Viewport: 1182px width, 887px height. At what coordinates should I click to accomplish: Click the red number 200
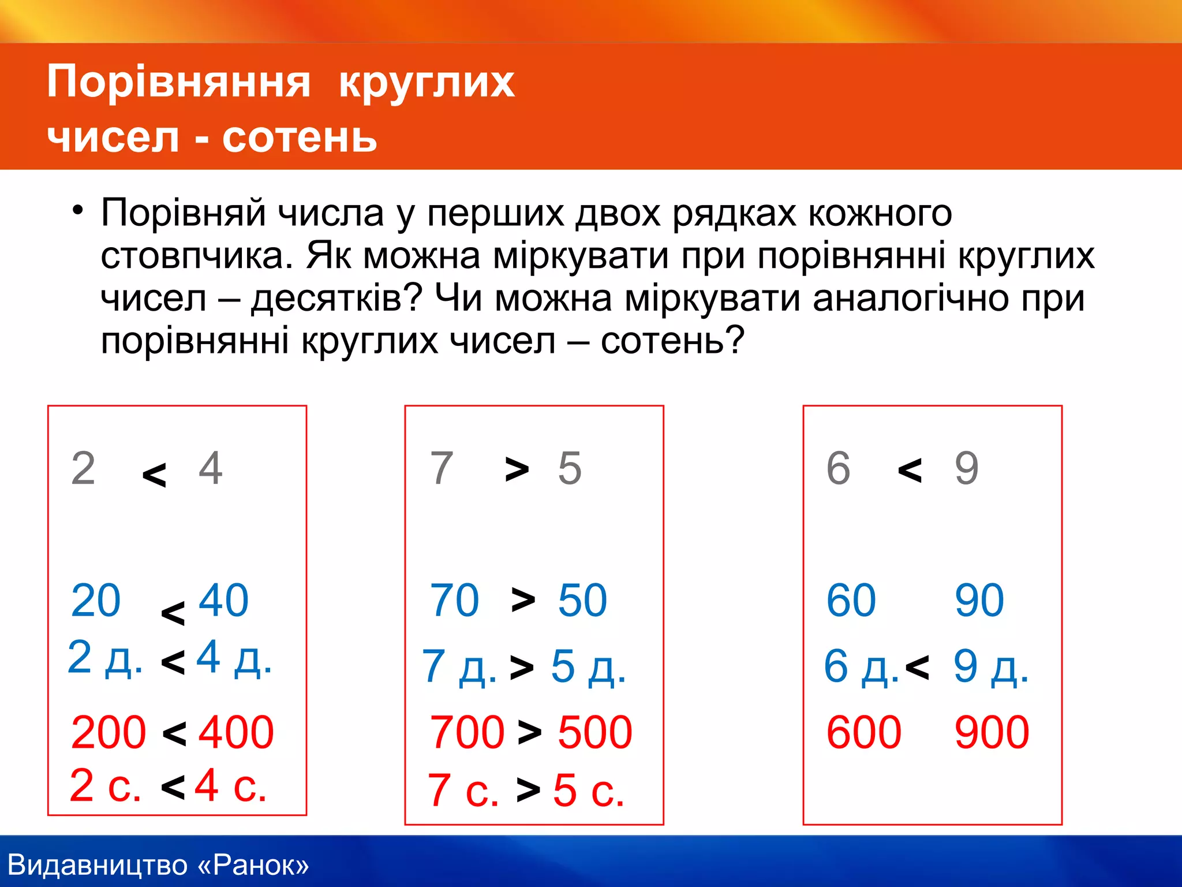108,732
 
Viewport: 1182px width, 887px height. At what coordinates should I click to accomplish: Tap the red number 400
236,732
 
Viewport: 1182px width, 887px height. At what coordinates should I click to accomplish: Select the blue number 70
454,601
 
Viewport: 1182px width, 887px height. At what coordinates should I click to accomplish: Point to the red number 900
992,732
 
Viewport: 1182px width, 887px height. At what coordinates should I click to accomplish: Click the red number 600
863,732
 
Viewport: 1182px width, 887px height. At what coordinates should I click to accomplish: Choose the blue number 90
979,601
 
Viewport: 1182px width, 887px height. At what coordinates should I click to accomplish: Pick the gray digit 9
967,468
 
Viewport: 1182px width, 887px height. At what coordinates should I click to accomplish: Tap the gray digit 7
442,468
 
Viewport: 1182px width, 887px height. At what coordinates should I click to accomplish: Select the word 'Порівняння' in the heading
179,81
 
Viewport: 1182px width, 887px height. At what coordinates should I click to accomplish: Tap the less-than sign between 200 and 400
174,733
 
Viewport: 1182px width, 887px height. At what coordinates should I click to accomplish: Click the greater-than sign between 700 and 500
529,732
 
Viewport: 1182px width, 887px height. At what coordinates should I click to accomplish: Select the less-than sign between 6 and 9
910,469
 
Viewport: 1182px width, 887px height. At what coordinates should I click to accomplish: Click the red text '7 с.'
463,790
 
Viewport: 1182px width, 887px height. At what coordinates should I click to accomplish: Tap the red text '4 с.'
230,785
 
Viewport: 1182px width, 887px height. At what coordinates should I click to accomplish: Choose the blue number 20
95,601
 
